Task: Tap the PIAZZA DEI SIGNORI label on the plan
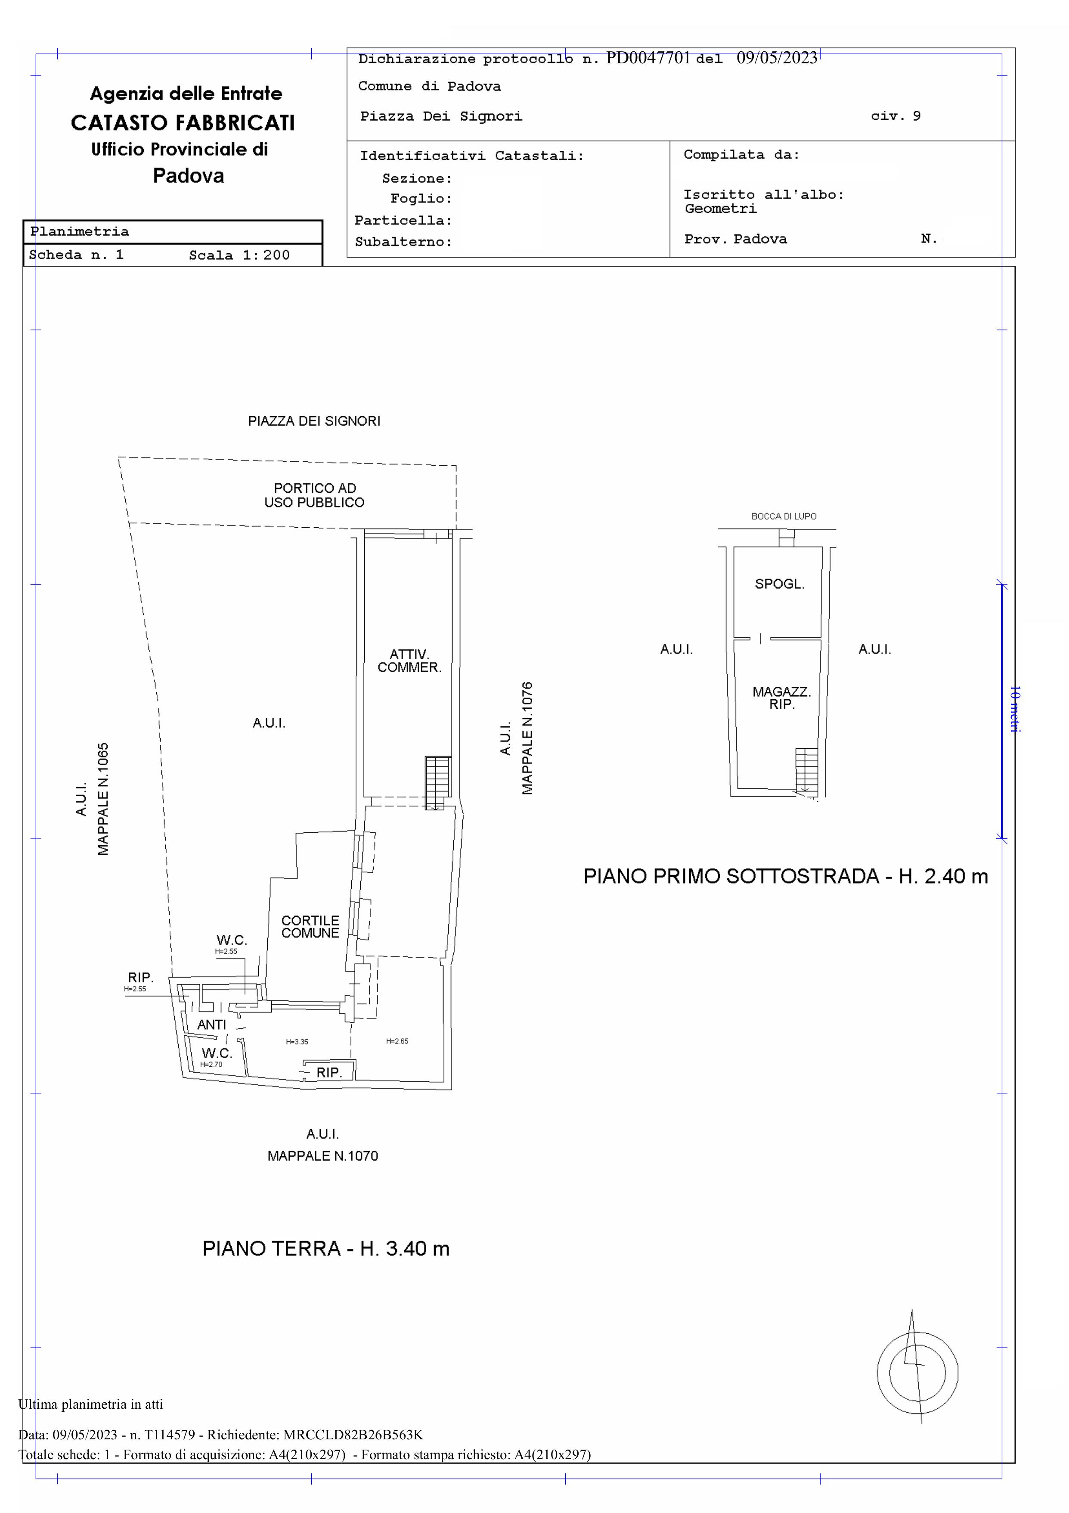(x=314, y=421)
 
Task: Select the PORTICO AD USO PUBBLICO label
(x=315, y=495)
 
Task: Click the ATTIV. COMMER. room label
(x=409, y=661)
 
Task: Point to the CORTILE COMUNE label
(x=310, y=927)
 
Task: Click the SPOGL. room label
(x=779, y=584)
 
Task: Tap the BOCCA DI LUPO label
(x=784, y=517)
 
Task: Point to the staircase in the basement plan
(x=806, y=771)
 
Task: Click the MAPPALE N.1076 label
(x=527, y=738)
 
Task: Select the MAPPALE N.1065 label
(x=103, y=799)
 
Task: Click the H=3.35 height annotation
(x=297, y=1042)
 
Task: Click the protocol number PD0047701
(x=648, y=58)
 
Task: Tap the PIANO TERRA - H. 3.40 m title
(x=326, y=1249)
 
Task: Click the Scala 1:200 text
(x=239, y=255)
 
